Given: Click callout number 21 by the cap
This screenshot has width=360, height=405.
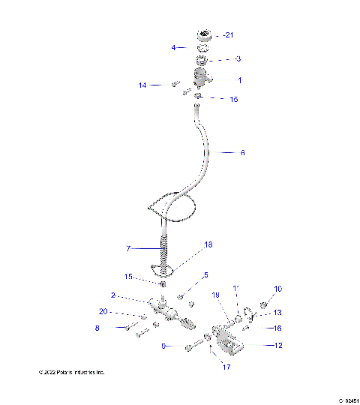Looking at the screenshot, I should [229, 35].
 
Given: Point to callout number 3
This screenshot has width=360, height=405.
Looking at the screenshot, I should [238, 58].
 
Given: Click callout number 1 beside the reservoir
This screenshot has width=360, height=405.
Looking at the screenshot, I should [239, 79].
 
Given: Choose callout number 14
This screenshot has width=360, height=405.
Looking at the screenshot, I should [142, 85].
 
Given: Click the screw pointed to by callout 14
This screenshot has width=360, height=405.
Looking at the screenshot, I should [175, 84].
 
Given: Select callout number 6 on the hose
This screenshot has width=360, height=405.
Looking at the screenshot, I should [242, 152].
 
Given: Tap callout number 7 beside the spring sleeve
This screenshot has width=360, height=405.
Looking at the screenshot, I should [128, 247].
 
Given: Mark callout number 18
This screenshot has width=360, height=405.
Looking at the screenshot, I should [208, 244].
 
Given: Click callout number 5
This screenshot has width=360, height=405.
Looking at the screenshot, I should [205, 275].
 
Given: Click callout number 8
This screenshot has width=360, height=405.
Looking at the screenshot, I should [118, 328].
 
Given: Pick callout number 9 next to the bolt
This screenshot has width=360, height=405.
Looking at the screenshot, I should [163, 346].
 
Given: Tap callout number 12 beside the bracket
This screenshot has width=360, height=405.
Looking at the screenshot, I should [277, 346].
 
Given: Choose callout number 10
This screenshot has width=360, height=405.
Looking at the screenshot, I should [277, 289].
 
